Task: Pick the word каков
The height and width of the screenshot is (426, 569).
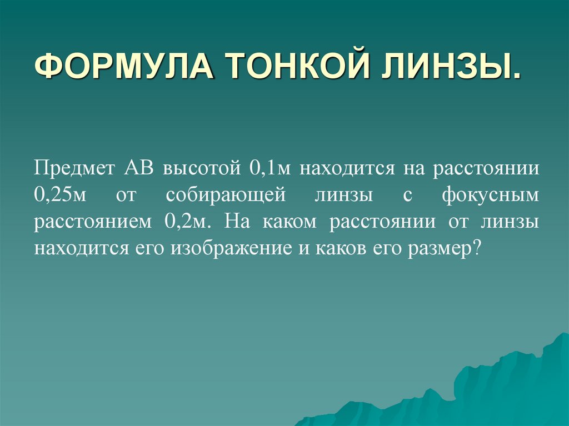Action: (336, 248)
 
